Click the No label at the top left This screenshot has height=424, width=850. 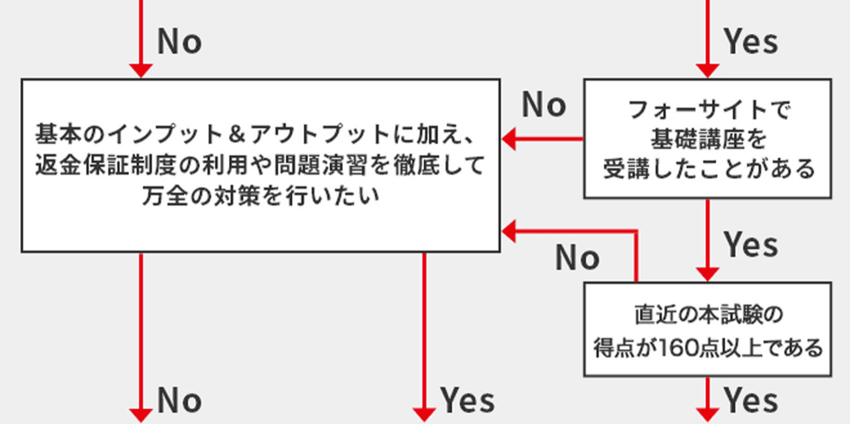pos(180,42)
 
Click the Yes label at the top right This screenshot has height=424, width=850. pos(751,42)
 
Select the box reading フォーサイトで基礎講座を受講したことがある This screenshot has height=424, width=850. pos(708,138)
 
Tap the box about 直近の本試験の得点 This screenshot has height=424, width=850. pos(708,329)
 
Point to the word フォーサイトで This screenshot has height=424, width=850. pos(708,109)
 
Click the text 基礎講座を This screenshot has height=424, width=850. pos(708,138)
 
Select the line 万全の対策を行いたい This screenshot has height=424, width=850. pos(261,195)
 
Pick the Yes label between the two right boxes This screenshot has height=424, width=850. pos(751,244)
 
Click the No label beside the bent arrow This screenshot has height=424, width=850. pos(578,258)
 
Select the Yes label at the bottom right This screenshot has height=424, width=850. pos(751,401)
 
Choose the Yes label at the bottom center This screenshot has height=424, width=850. pos(467,401)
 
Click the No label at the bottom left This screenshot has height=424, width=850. pos(180,401)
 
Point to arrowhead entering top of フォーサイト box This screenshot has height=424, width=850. pos(708,71)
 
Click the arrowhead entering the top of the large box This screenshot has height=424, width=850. pos(140,71)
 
